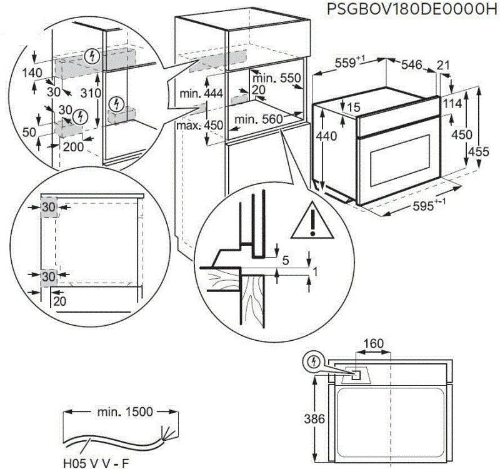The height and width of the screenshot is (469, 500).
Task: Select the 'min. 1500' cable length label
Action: pyautogui.click(x=125, y=412)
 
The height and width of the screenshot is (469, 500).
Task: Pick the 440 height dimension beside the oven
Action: pyautogui.click(x=327, y=136)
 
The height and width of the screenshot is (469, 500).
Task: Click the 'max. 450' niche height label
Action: pyautogui.click(x=200, y=125)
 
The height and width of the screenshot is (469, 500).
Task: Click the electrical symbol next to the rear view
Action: pyautogui.click(x=313, y=361)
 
